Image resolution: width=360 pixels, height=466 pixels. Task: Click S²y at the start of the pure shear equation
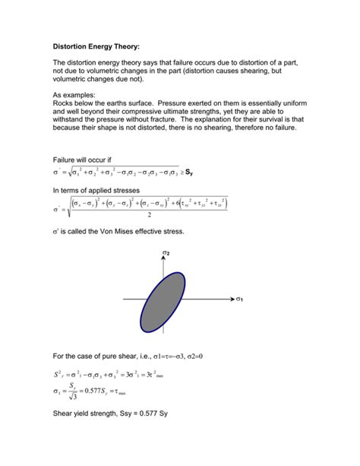click(58, 374)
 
